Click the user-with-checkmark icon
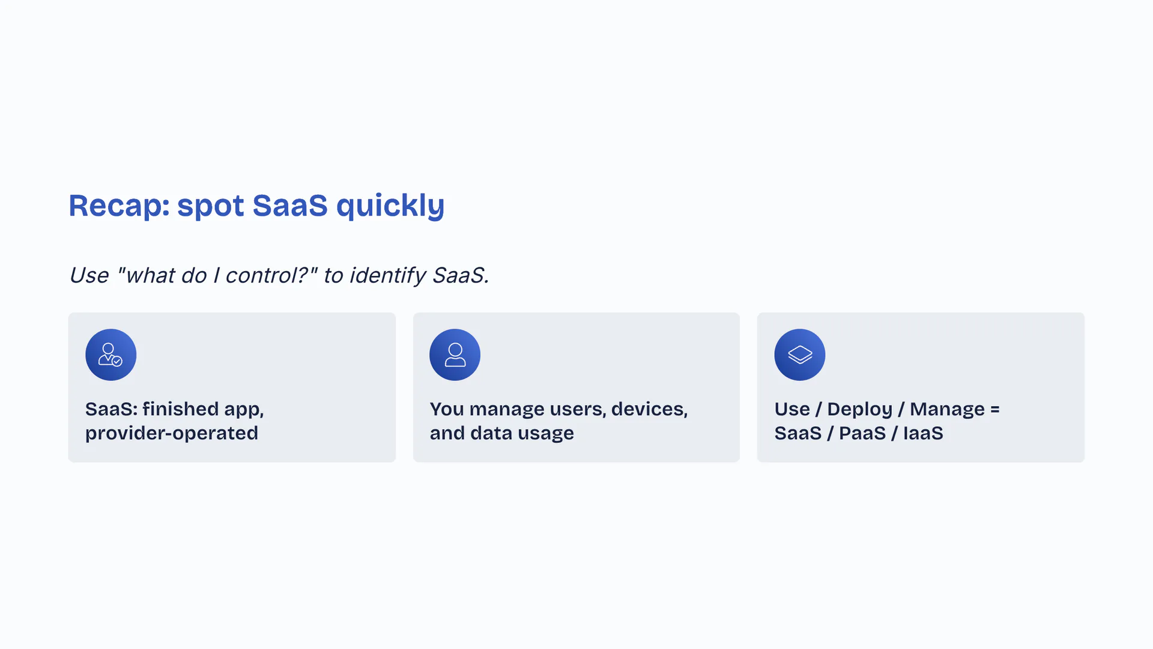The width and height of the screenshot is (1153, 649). tap(110, 355)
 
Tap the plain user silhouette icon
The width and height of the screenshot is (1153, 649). tap(455, 355)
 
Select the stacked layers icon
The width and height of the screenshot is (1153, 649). tap(799, 355)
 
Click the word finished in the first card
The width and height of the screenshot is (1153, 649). tap(181, 409)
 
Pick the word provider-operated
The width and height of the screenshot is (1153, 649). tap(172, 433)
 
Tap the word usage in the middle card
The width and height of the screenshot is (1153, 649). tap(546, 434)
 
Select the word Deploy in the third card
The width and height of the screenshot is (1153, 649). tap(859, 409)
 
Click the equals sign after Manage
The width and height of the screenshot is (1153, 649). tap(995, 409)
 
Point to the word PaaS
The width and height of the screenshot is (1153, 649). tap(862, 433)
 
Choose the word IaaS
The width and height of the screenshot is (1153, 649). tap(923, 433)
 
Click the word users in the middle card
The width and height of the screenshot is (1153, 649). tap(578, 409)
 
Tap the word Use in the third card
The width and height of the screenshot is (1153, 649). tap(792, 409)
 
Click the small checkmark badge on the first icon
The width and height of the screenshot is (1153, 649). tap(117, 361)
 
